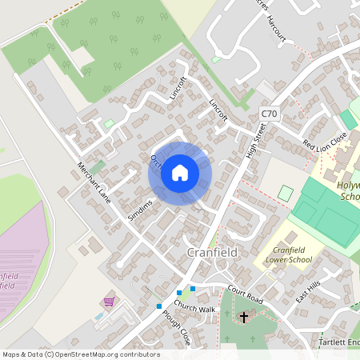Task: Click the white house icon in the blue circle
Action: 180,173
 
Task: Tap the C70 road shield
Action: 269,115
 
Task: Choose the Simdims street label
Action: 139,210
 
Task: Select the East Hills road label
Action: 307,291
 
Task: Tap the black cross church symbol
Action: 244,317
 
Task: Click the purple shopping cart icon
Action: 109,302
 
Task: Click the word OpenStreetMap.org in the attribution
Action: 90,354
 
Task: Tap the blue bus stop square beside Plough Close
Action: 159,306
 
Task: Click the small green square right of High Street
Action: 286,193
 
